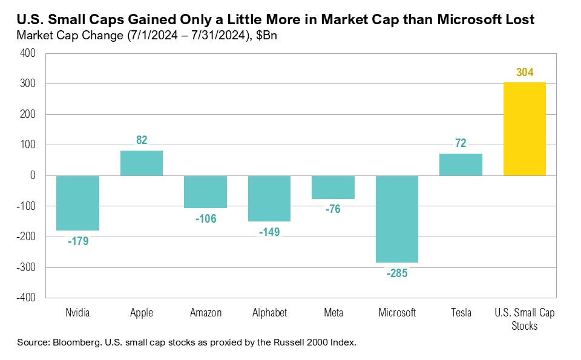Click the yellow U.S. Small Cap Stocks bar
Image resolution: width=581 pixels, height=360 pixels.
524,129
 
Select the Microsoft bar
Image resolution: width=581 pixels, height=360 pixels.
397,219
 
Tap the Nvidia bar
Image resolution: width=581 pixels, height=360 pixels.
77,203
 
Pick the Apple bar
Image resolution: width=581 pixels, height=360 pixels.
141,163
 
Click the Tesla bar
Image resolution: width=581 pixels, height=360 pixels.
461,165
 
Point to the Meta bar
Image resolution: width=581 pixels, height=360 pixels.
333,187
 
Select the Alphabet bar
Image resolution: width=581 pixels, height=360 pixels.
269,198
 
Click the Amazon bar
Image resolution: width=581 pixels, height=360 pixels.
205,192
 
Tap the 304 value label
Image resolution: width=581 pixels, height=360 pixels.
525,73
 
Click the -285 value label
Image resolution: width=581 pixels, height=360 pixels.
397,273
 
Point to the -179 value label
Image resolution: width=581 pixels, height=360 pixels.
77,241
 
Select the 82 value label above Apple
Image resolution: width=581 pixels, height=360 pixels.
142,140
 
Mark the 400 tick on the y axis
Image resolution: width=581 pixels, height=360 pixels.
28,53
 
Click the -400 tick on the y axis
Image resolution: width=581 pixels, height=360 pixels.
27,298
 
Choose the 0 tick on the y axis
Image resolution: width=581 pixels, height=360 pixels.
33,175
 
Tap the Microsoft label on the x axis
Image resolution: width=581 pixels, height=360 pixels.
397,313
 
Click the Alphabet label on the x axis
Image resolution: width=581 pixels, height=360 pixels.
269,313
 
